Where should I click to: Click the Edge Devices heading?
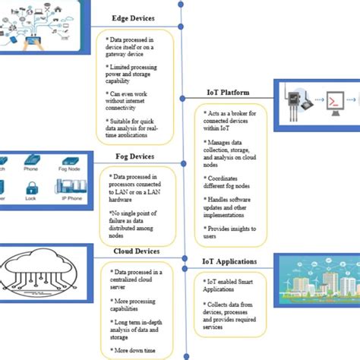[133, 18]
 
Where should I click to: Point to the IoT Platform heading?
[229, 93]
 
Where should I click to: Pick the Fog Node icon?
[71, 161]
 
